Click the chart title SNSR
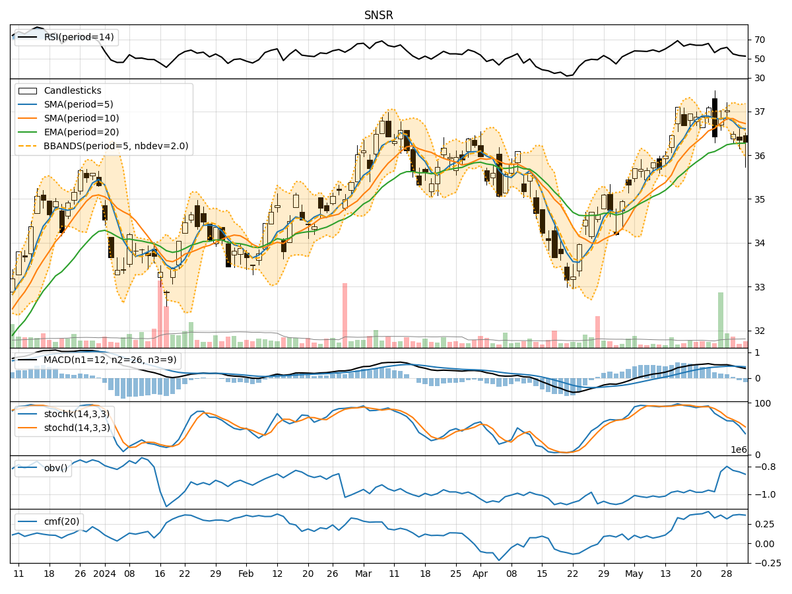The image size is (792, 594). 379,15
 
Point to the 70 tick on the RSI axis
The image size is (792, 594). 759,40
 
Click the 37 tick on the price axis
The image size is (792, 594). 759,112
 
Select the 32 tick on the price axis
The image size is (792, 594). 759,331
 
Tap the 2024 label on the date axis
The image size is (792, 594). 105,574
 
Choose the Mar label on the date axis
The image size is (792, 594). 363,574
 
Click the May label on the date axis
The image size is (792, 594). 634,574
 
